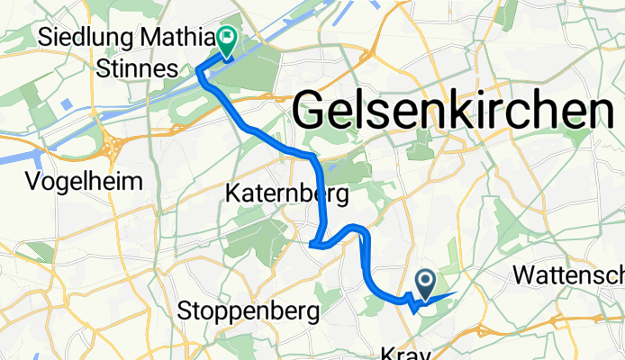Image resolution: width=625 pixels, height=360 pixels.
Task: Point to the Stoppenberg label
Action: (x=249, y=312)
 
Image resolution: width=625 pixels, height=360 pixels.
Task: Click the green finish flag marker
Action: (x=224, y=39)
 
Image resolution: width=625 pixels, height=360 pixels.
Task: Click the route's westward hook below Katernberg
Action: (x=312, y=243)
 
